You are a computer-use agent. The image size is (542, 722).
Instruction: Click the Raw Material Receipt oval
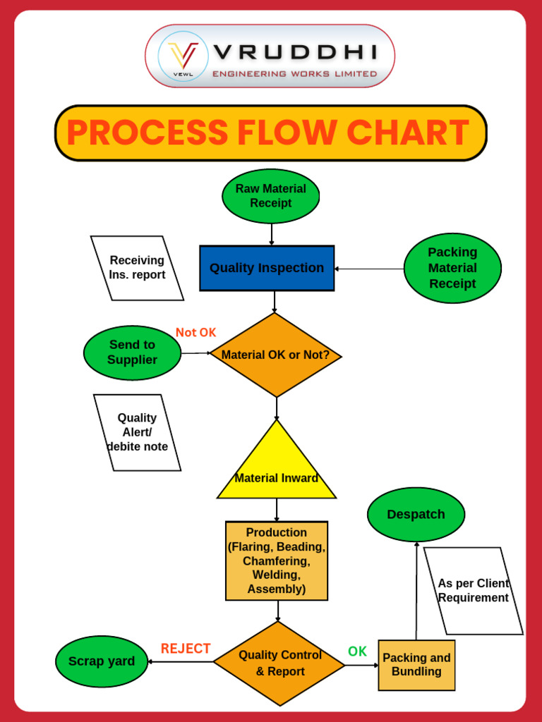coord(270,196)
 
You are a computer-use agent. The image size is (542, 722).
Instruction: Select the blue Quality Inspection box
coord(267,268)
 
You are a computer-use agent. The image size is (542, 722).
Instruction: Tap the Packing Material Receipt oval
coord(452,268)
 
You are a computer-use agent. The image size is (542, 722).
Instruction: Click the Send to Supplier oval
coord(132,353)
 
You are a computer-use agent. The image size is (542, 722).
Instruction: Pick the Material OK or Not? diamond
coord(276,355)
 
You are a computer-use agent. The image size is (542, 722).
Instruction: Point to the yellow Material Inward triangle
coord(277,465)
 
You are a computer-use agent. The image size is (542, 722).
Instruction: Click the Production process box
coord(277,561)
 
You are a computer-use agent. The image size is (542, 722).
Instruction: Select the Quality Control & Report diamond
coord(279,663)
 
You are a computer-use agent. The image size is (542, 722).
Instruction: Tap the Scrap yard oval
coord(102,661)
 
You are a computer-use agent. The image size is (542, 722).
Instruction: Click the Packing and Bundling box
coord(416,665)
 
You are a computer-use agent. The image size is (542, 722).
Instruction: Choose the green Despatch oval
coord(416,514)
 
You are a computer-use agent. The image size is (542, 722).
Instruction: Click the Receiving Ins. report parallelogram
coord(137,268)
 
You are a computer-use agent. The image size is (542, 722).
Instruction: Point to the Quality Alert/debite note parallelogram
coord(138,432)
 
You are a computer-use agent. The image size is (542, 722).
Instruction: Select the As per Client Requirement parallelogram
coord(474,591)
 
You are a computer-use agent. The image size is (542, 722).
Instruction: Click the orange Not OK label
coord(196,333)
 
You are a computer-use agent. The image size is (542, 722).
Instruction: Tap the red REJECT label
coord(186,649)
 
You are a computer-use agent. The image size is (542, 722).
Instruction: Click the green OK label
coord(357,651)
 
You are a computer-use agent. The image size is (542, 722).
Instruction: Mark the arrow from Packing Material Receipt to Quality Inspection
coord(369,269)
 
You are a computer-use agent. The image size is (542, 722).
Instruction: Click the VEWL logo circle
coord(183,56)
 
